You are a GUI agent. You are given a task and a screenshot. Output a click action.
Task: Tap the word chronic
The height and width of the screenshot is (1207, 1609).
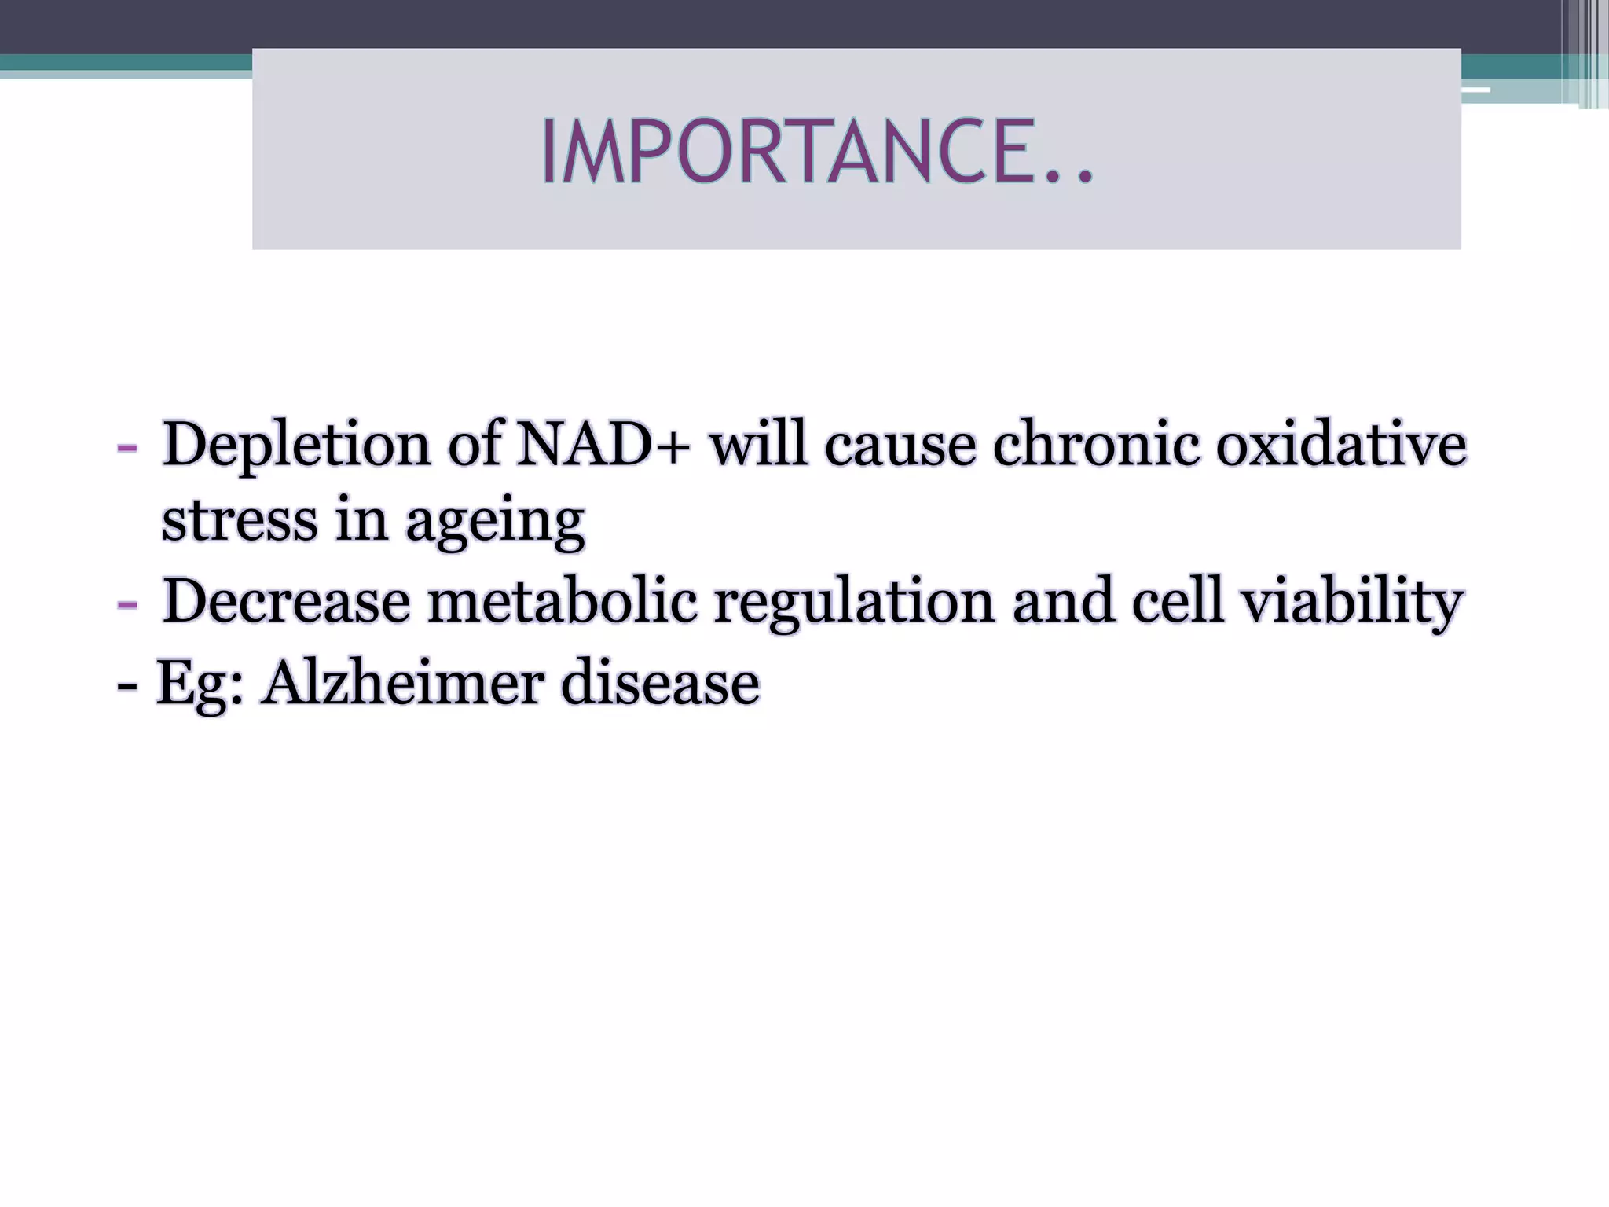[1096, 445]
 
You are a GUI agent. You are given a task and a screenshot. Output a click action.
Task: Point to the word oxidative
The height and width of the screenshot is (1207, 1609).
[1340, 445]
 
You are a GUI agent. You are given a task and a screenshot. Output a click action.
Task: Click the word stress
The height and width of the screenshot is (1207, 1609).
[239, 521]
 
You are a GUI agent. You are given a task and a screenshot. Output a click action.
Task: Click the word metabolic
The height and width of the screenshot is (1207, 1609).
[562, 602]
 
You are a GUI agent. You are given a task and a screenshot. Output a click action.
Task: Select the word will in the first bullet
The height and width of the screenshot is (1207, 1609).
[757, 445]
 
